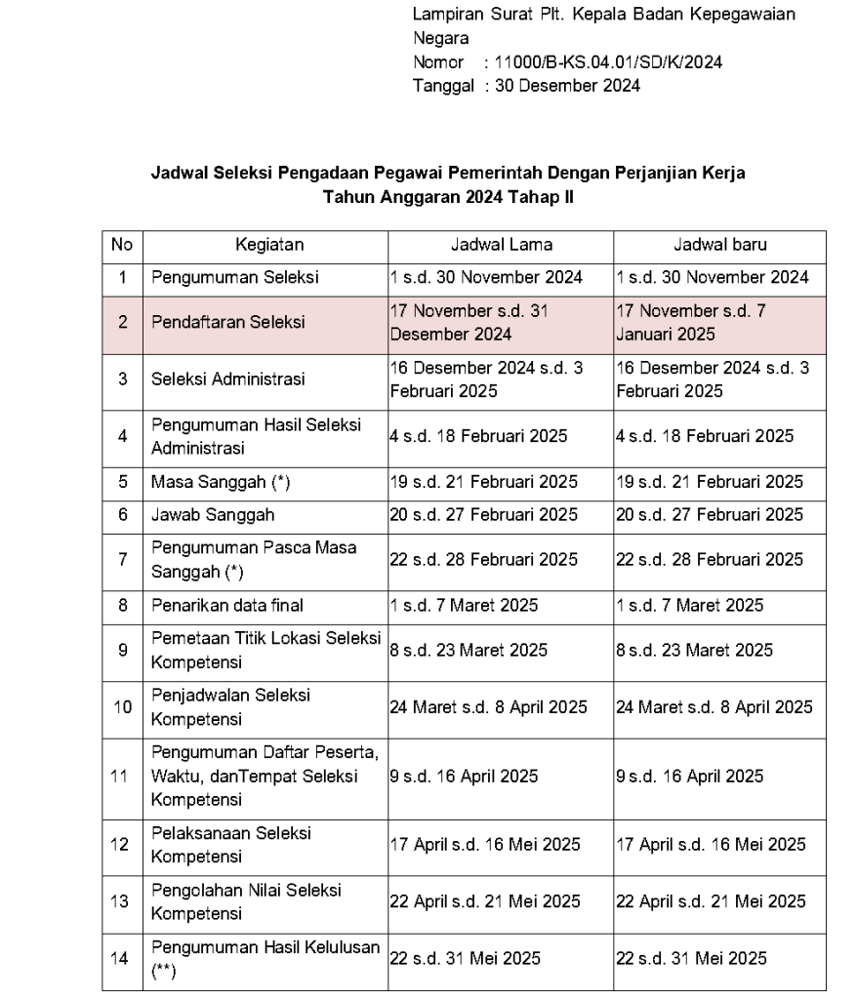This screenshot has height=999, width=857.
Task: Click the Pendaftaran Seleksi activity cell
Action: [x=227, y=322]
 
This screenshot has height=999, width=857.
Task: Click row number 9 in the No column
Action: [x=122, y=650]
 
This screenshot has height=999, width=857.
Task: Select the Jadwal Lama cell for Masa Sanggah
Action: [x=484, y=482]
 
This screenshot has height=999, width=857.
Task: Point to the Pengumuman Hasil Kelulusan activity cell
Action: [x=264, y=958]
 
